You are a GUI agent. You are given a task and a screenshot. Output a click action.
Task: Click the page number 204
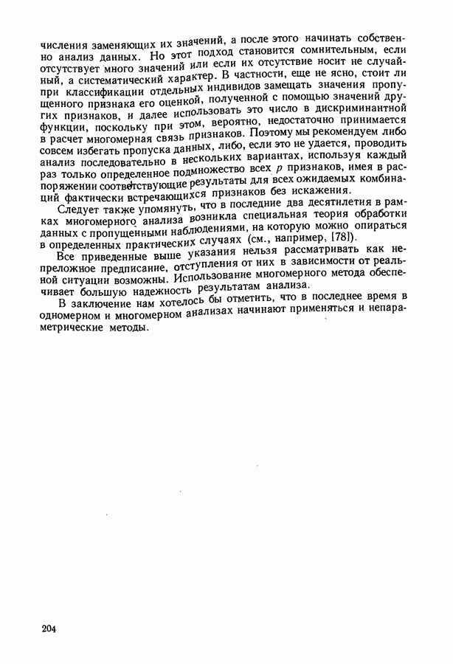(49, 629)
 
